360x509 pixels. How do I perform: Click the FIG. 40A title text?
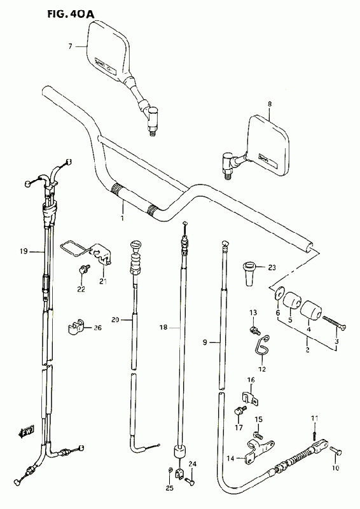[x=70, y=13]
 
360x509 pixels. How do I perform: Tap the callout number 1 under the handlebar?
[x=122, y=218]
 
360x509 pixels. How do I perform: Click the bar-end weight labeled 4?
[x=310, y=310]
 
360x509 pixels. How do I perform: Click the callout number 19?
[x=24, y=251]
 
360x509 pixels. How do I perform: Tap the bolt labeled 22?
[x=84, y=268]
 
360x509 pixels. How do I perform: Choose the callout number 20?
[x=115, y=320]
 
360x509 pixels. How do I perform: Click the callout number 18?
[x=163, y=328]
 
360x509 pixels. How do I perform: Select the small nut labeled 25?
[x=170, y=470]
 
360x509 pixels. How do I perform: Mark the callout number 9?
[x=205, y=342]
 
